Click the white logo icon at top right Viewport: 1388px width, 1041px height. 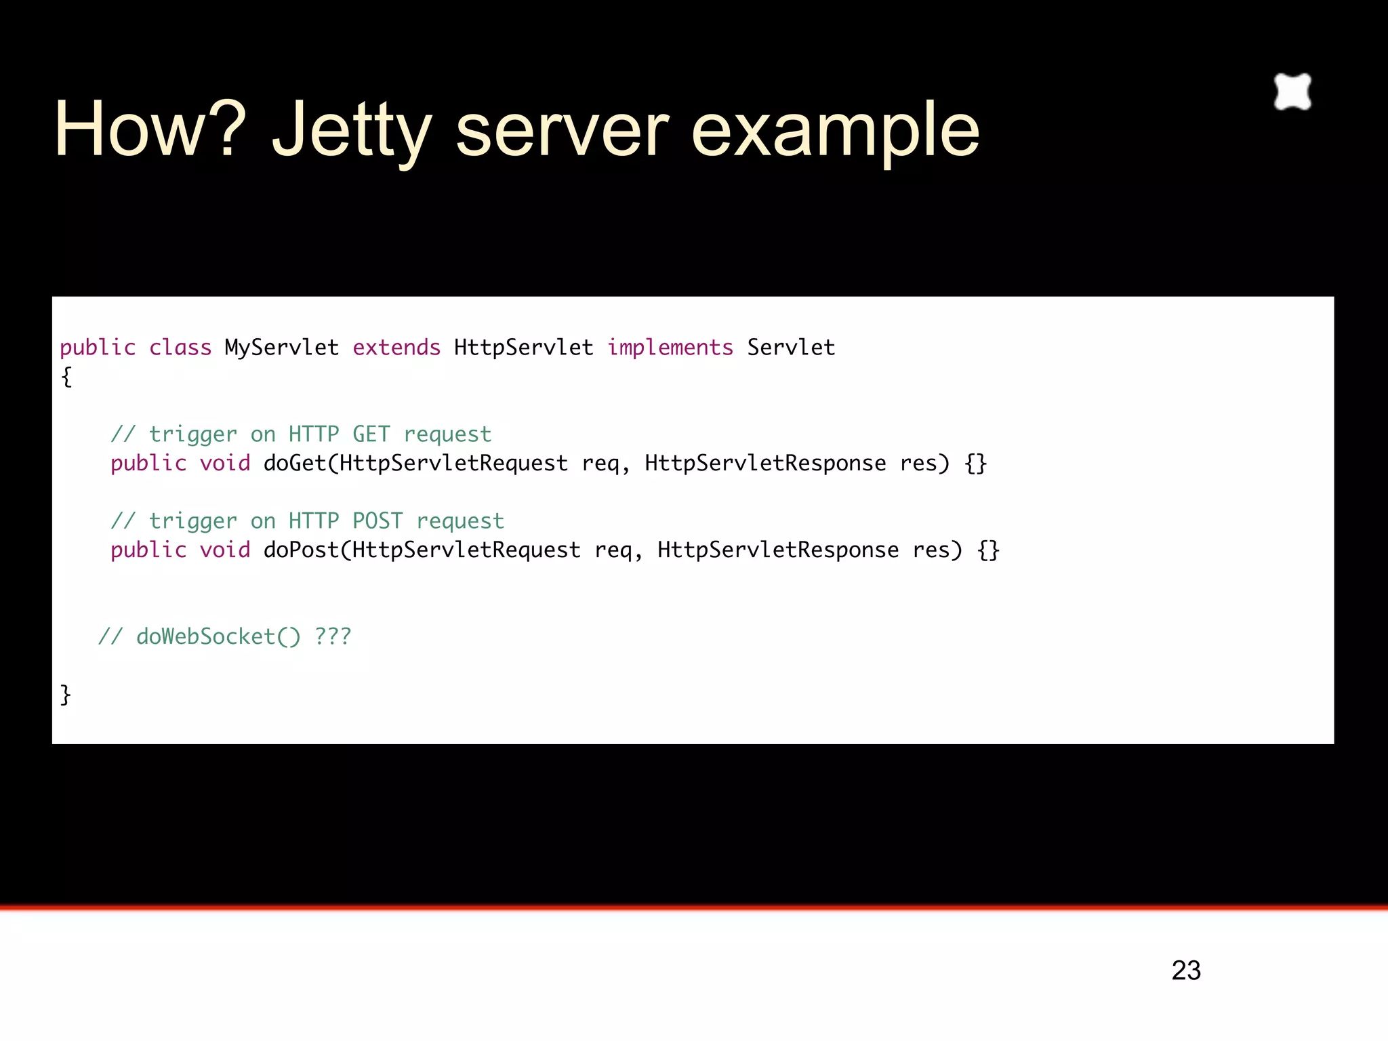tap(1292, 91)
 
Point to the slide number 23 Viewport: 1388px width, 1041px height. tap(1186, 971)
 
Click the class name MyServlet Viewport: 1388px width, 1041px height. tap(281, 348)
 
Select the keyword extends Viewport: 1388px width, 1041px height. tap(396, 348)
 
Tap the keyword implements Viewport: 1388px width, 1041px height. tap(670, 348)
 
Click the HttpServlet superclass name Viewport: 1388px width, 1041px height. tap(523, 348)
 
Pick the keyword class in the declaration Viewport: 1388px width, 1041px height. tap(180, 348)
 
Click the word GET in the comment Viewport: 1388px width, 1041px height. tap(371, 434)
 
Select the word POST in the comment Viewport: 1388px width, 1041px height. tap(377, 520)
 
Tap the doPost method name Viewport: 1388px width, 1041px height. tap(301, 550)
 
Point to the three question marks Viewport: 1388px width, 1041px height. tap(333, 636)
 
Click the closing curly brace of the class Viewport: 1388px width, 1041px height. tap(66, 695)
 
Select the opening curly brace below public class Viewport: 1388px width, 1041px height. tap(66, 377)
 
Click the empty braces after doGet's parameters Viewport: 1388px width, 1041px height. tap(975, 464)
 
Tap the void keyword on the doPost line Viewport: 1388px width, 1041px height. tap(225, 550)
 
